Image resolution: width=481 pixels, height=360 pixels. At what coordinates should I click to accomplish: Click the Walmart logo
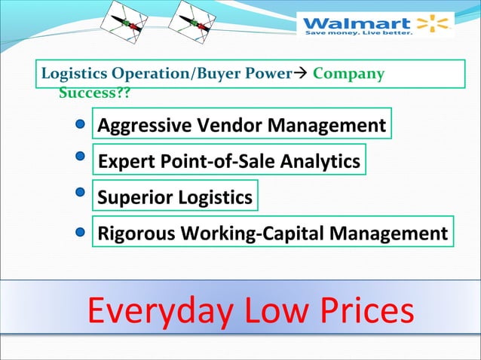pyautogui.click(x=375, y=25)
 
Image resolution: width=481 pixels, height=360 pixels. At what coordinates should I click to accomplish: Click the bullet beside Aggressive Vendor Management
pyautogui.click(x=78, y=125)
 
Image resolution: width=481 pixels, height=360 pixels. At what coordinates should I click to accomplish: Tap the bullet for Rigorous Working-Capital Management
pyautogui.click(x=79, y=232)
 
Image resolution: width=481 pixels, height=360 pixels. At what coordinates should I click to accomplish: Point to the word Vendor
pyautogui.click(x=219, y=125)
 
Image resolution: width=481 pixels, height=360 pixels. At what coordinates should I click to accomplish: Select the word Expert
pyautogui.click(x=124, y=161)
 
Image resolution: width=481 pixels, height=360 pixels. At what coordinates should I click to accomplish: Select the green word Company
pyautogui.click(x=348, y=74)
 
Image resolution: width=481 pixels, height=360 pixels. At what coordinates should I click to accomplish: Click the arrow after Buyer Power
pyautogui.click(x=299, y=74)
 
